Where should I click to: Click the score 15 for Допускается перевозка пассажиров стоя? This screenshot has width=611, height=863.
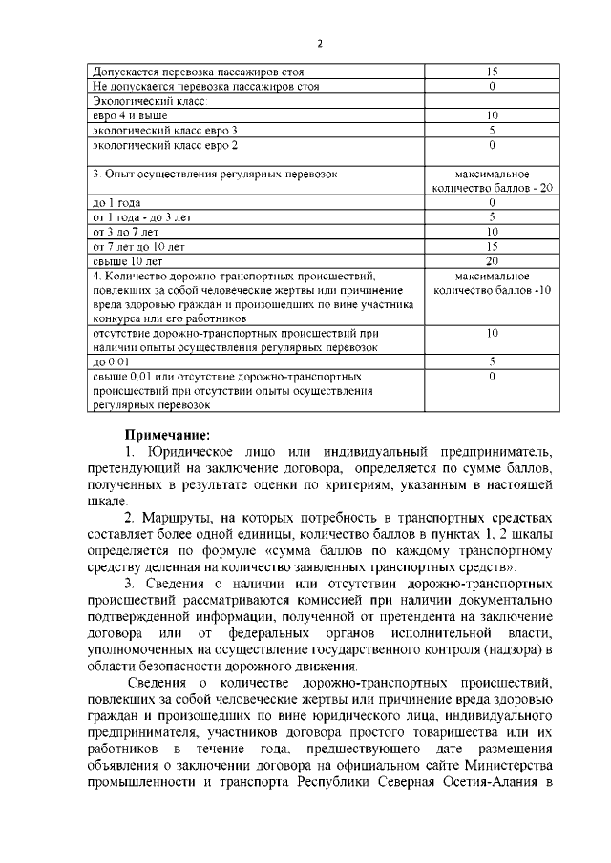click(492, 72)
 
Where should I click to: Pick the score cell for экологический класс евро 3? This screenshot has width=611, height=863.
click(492, 130)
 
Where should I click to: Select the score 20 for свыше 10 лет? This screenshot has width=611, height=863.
click(492, 260)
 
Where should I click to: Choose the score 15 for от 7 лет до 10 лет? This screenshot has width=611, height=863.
click(492, 246)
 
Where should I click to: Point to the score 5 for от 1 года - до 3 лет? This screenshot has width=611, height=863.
click(492, 217)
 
